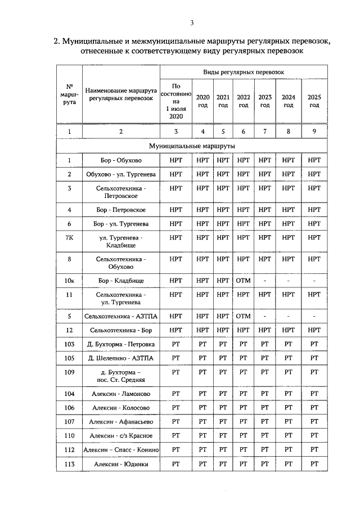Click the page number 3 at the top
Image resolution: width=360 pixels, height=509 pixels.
[x=192, y=22]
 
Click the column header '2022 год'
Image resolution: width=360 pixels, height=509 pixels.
[x=243, y=101]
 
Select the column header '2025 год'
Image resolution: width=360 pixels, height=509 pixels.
[x=314, y=101]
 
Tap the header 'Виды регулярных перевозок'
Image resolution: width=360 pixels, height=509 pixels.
[x=244, y=73]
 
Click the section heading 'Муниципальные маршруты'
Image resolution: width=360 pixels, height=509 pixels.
[x=192, y=146]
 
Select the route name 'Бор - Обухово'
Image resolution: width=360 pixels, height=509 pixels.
[x=121, y=160]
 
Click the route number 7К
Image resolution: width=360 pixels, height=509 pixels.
[x=69, y=237]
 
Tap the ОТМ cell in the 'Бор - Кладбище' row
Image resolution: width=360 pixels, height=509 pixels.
[x=243, y=280]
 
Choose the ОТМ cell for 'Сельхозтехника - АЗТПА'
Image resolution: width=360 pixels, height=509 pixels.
[x=243, y=316]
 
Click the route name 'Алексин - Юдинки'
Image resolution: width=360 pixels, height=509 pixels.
[x=121, y=464]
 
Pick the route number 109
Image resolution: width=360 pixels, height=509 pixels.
[x=69, y=372]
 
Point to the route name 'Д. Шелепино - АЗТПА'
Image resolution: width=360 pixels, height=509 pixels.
[x=121, y=358]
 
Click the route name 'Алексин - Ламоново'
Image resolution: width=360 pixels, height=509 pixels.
[x=121, y=394]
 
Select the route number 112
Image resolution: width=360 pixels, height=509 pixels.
[x=69, y=449]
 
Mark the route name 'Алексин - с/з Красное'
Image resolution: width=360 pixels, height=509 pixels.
[x=121, y=435]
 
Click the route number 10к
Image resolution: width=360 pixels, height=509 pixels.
[x=69, y=280]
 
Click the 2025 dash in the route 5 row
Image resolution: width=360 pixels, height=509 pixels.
[x=314, y=316]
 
